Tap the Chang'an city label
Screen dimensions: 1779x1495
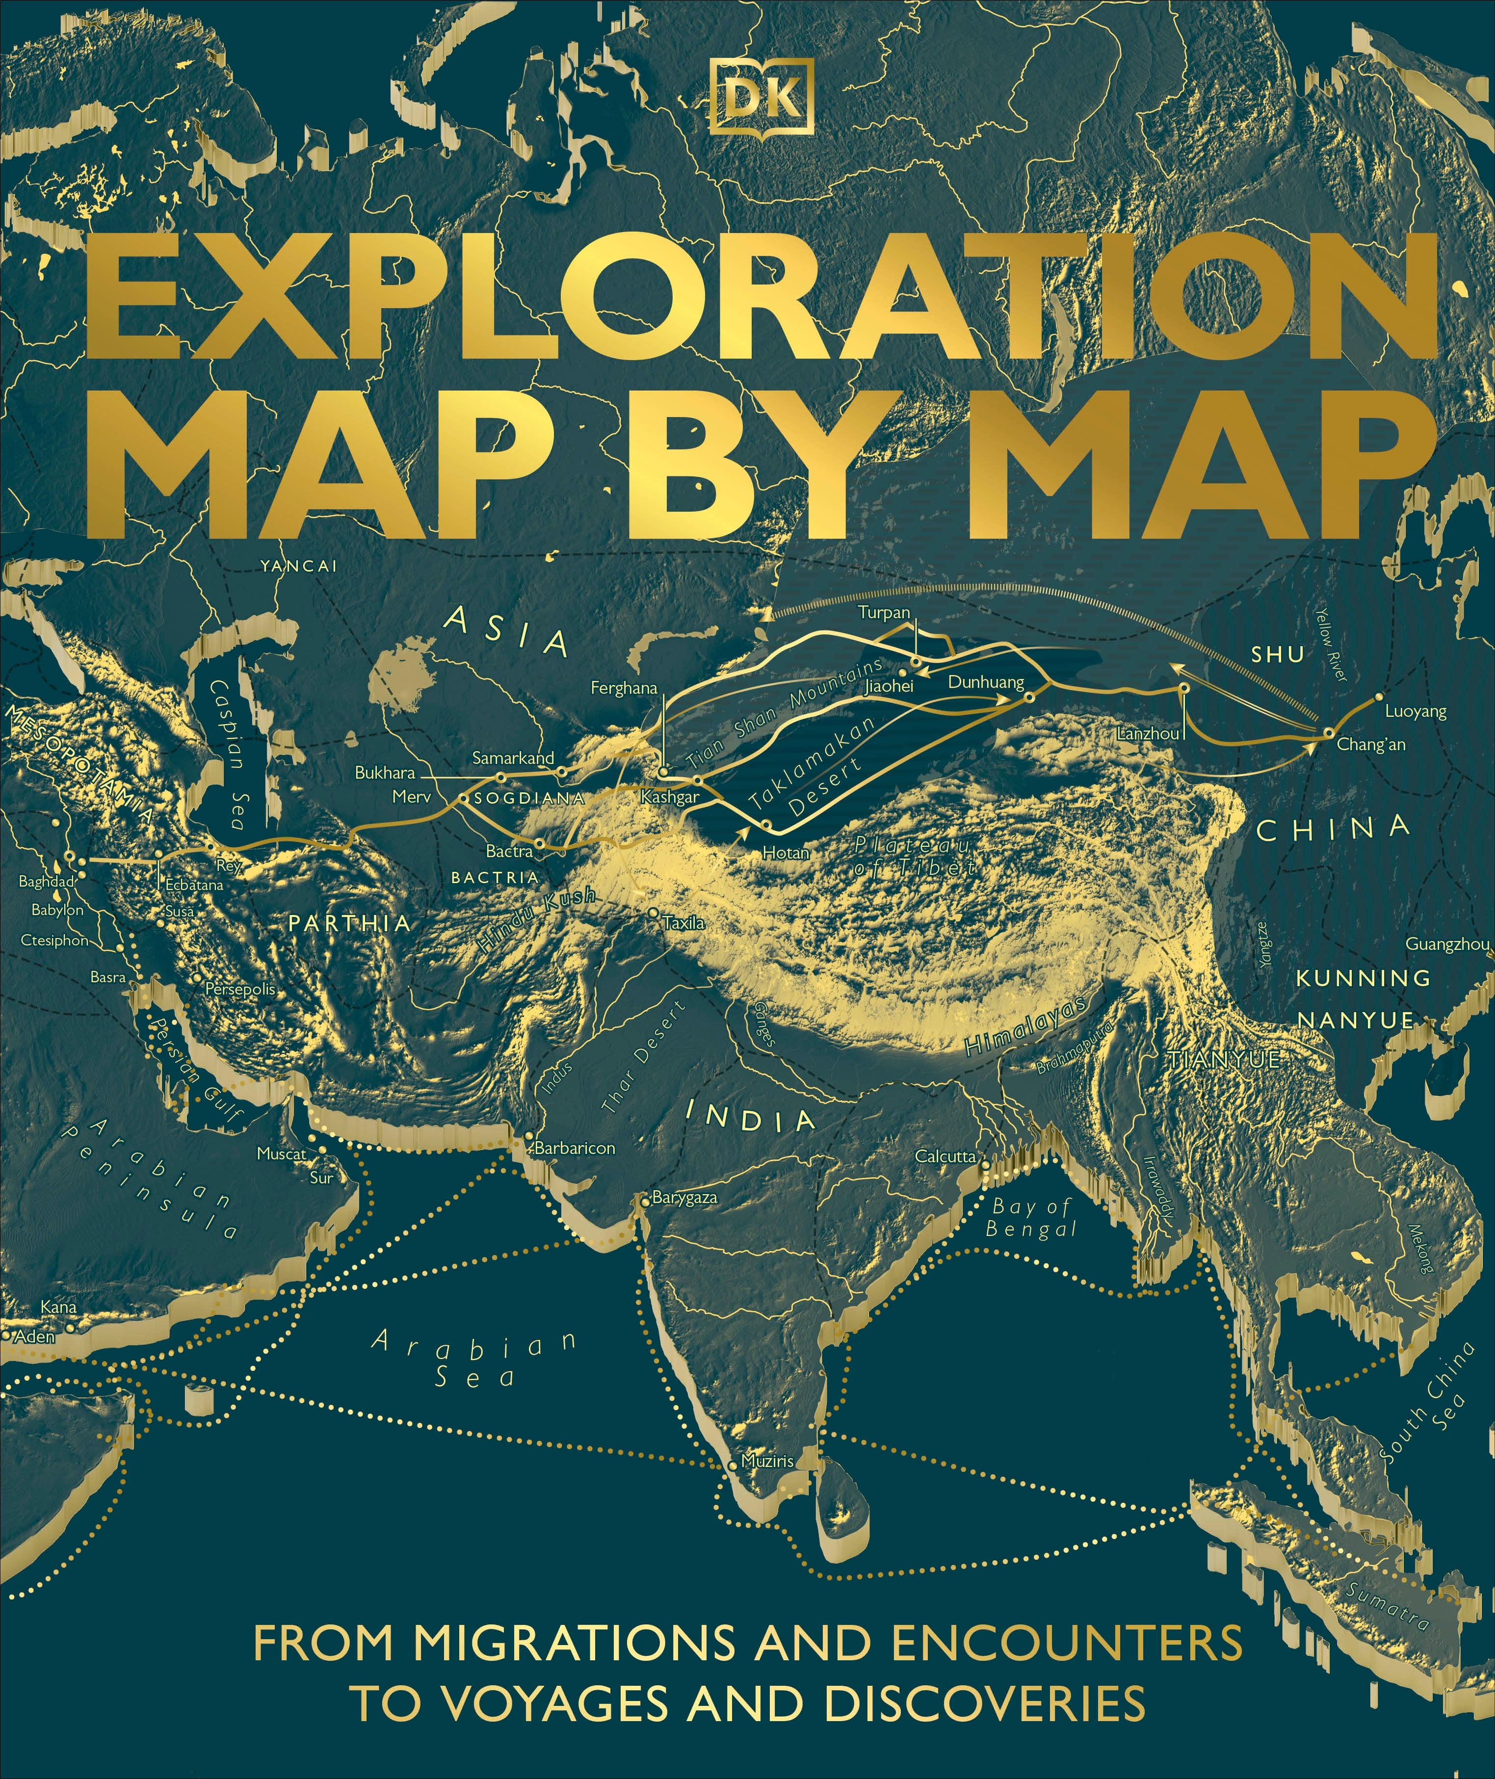click(x=1370, y=745)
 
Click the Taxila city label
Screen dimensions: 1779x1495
click(x=684, y=923)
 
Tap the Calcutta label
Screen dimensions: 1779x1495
click(x=945, y=1156)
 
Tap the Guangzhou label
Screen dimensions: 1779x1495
click(x=1447, y=944)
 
